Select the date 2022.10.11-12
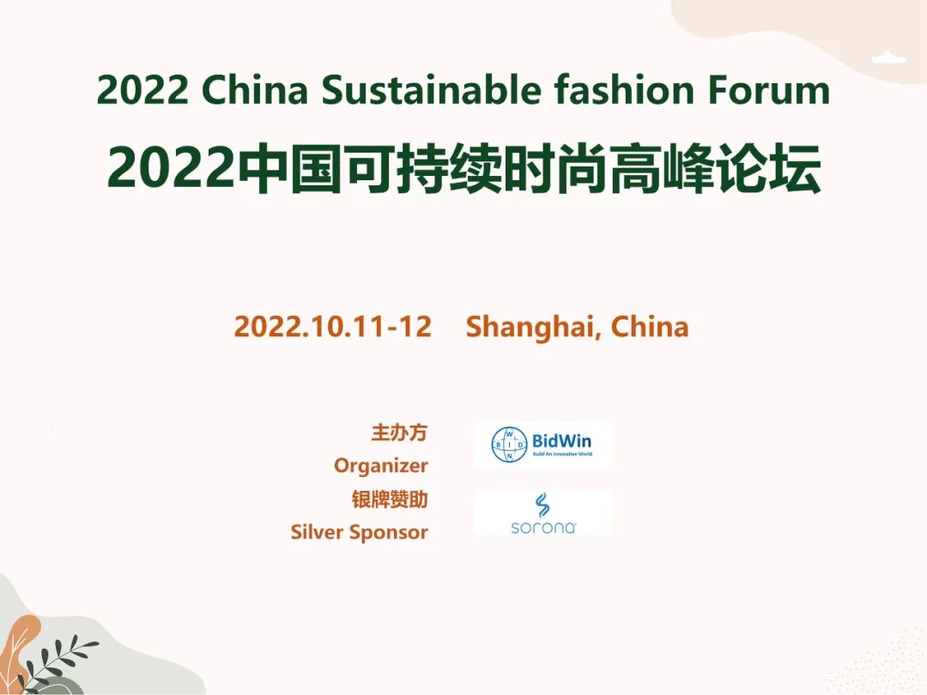coord(332,327)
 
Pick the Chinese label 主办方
coord(398,432)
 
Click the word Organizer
coord(380,466)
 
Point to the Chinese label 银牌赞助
coord(390,499)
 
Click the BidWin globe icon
coord(509,444)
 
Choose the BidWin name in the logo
coord(561,441)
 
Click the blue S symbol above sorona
coord(542,505)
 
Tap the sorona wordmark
coord(542,527)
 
